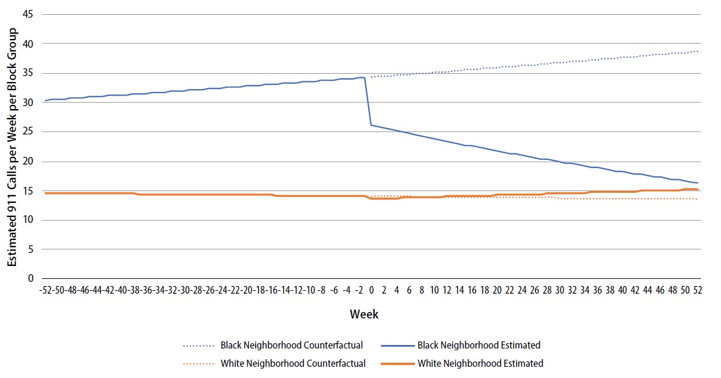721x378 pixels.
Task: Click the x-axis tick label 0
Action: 371,290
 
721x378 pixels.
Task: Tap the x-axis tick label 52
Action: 697,290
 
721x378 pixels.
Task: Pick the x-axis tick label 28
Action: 547,290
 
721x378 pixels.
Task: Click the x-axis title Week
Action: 364,314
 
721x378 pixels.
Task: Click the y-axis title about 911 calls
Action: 12,146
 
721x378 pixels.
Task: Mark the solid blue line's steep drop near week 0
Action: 368,101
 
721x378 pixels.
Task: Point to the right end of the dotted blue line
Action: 698,51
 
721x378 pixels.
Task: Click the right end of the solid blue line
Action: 698,183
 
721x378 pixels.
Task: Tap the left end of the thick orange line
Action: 45,193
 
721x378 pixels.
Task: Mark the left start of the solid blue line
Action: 45,101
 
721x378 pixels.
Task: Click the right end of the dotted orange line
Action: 698,199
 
